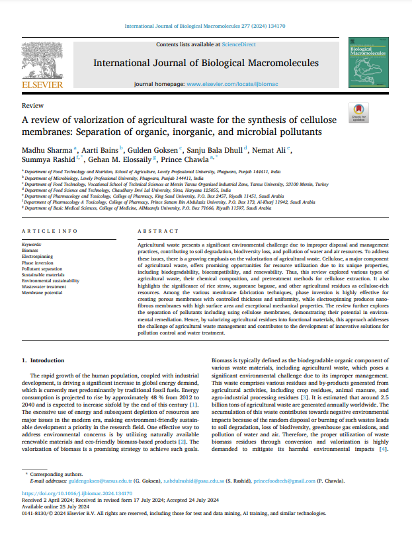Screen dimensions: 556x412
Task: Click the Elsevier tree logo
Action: (x=42, y=61)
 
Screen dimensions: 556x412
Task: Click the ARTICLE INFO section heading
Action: (x=50, y=231)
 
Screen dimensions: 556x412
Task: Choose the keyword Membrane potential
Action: (x=42, y=292)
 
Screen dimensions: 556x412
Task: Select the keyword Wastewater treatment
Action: (x=44, y=286)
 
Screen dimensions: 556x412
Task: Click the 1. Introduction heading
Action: (x=44, y=360)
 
